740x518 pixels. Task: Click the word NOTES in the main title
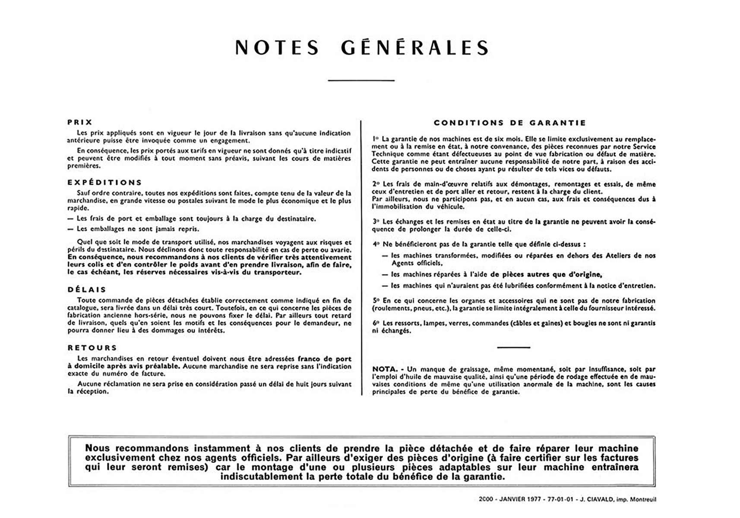pyautogui.click(x=277, y=47)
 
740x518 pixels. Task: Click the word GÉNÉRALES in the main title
pyautogui.click(x=414, y=47)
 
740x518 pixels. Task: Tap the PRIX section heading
pyautogui.click(x=80, y=122)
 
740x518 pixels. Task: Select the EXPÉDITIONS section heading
pyautogui.click(x=104, y=182)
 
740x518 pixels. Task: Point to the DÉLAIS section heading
pyautogui.click(x=87, y=289)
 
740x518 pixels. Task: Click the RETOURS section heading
pyautogui.click(x=92, y=347)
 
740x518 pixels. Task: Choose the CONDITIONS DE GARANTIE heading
pyautogui.click(x=510, y=123)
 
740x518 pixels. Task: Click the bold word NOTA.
pyautogui.click(x=385, y=369)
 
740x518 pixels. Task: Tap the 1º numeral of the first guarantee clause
pyautogui.click(x=375, y=139)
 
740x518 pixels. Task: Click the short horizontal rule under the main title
pyautogui.click(x=361, y=80)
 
